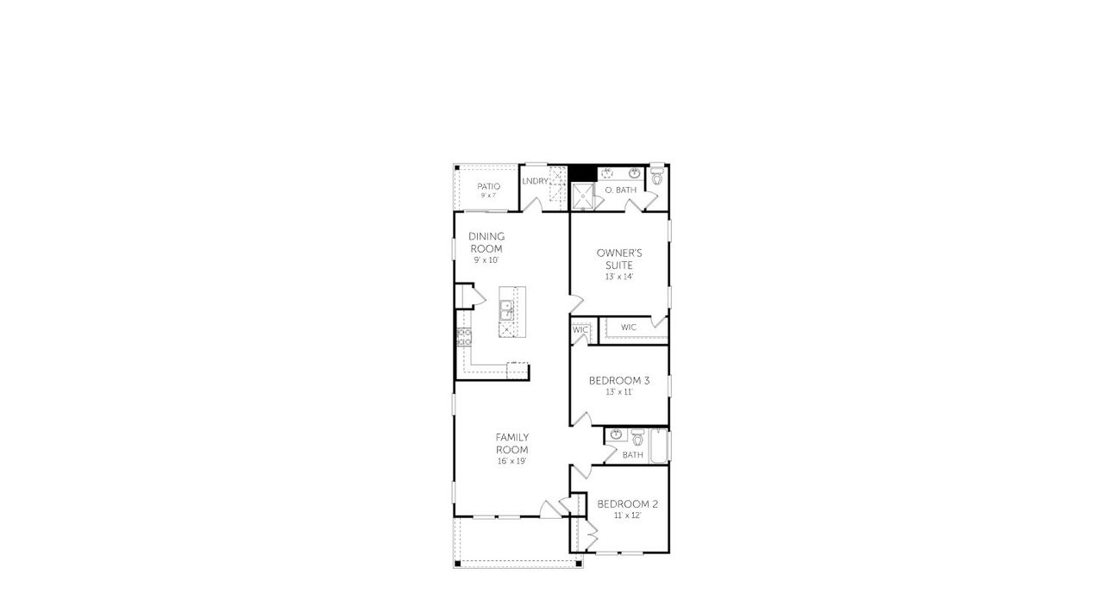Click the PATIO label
[x=489, y=186]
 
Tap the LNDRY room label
[x=535, y=181]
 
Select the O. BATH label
[x=620, y=190]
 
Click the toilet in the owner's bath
[x=657, y=178]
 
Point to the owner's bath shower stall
[x=583, y=197]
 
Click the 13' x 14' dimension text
[x=619, y=277]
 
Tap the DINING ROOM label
[x=486, y=242]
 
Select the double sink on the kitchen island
[x=506, y=309]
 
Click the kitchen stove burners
[x=464, y=336]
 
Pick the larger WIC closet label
[x=628, y=328]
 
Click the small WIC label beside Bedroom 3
[x=580, y=329]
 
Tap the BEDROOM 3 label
[x=619, y=380]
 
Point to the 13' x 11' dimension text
[x=619, y=392]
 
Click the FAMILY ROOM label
[x=511, y=443]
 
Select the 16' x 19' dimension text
[x=511, y=461]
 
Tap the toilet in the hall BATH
[x=637, y=437]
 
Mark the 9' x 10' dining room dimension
[x=486, y=260]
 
